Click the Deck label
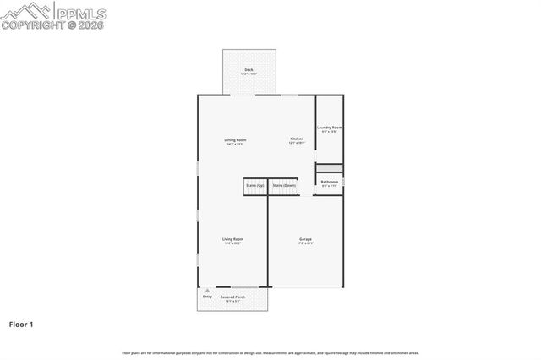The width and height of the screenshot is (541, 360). [x=249, y=69]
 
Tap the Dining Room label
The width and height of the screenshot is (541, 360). [x=235, y=139]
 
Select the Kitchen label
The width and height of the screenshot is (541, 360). [x=297, y=139]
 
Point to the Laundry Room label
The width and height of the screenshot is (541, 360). [x=330, y=128]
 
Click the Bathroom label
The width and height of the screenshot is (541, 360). [x=330, y=182]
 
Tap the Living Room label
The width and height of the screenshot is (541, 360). [x=233, y=240]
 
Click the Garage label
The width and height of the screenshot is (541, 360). [x=305, y=240]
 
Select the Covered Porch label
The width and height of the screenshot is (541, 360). [x=233, y=297]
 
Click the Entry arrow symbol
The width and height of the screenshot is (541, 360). [x=207, y=290]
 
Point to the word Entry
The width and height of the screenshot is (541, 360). [x=207, y=297]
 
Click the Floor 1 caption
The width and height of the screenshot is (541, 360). [x=20, y=324]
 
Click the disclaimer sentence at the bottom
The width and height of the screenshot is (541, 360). [x=270, y=352]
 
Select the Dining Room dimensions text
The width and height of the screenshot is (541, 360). [x=235, y=145]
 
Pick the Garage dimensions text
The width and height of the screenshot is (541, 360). [x=305, y=244]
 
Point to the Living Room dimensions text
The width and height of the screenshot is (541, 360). [x=233, y=244]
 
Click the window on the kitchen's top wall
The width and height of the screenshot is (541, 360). [x=289, y=95]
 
